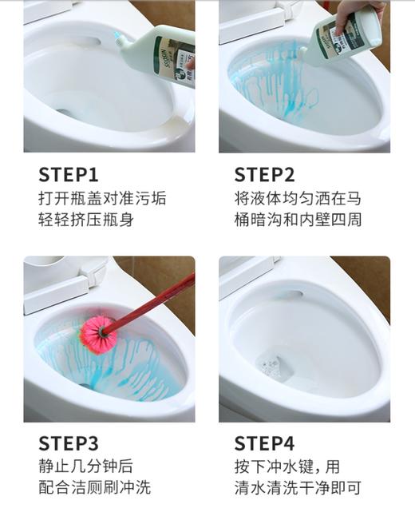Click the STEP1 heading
(x=68, y=175)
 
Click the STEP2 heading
(x=264, y=175)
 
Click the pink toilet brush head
(x=97, y=333)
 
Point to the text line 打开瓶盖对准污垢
(x=102, y=198)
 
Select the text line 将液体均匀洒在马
(x=298, y=198)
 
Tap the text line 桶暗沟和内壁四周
(x=298, y=220)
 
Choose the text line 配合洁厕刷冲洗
(x=94, y=487)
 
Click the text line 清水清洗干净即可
(x=298, y=487)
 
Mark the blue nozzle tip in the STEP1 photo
(x=117, y=36)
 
